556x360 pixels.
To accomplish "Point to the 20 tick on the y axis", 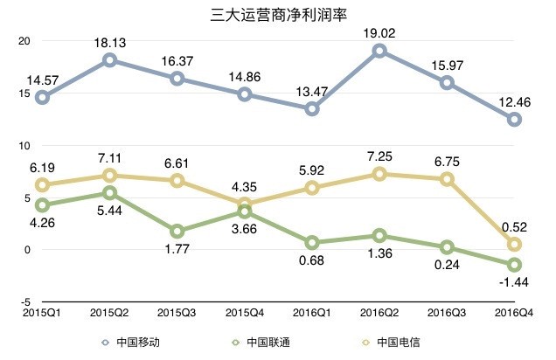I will (24, 41).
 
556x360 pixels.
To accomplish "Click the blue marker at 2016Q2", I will (380, 51).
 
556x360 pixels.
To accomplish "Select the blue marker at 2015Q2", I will (110, 60).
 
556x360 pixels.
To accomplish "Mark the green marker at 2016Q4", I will (515, 264).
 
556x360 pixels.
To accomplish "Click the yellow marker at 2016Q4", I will (515, 244).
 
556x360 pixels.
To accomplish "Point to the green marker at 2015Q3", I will (177, 231).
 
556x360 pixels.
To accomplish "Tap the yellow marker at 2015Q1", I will (42, 184).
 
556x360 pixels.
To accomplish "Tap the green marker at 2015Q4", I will (245, 211).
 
